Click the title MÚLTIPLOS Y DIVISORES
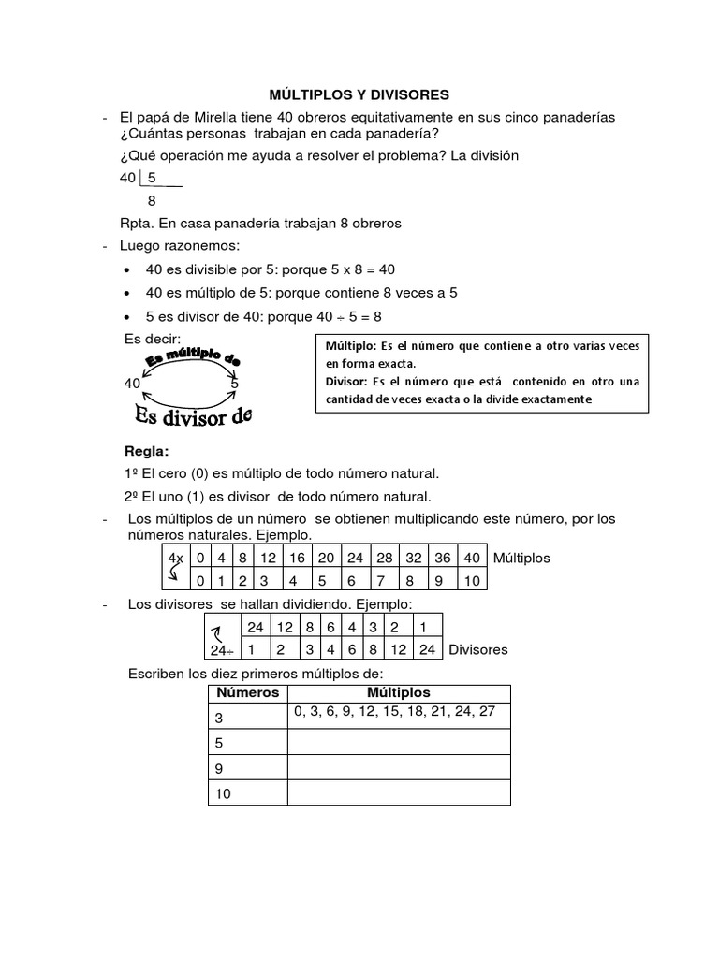point(359,94)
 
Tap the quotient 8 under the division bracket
point(153,200)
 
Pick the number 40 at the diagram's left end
point(132,385)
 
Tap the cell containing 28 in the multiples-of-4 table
point(385,558)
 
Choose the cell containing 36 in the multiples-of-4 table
point(443,558)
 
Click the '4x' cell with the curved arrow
point(174,568)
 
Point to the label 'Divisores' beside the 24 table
point(478,648)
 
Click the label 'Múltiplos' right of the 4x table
point(521,558)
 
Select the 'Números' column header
point(248,693)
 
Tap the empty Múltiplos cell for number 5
point(399,742)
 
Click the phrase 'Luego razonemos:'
point(180,246)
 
